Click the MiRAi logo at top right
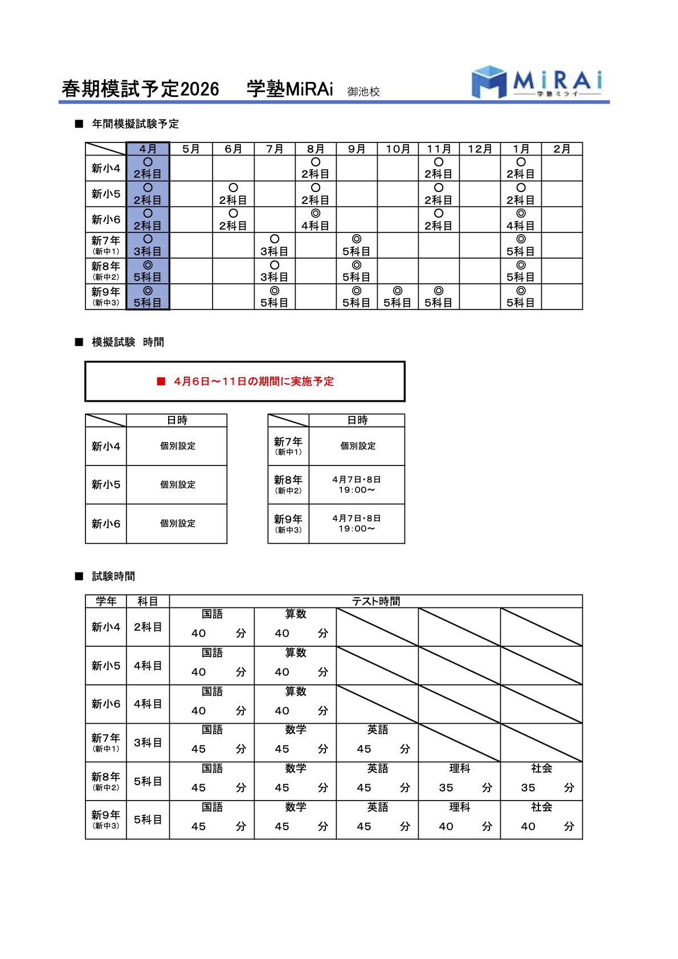click(537, 82)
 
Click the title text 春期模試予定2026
click(140, 89)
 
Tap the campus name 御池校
click(363, 92)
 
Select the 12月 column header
click(480, 149)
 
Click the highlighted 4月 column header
click(148, 149)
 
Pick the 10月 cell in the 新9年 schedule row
click(398, 297)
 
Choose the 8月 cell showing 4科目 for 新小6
click(316, 220)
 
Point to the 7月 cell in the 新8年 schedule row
click(275, 271)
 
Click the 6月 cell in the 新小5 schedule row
click(233, 194)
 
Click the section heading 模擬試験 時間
click(128, 342)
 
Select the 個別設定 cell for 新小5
click(177, 485)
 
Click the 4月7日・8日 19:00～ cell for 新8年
click(357, 485)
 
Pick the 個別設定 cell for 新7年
click(358, 446)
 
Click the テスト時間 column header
click(375, 601)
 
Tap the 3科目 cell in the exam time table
click(148, 742)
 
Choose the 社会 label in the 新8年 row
click(541, 769)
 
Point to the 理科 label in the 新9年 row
click(459, 807)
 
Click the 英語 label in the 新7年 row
click(377, 730)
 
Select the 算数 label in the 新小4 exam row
click(295, 614)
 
